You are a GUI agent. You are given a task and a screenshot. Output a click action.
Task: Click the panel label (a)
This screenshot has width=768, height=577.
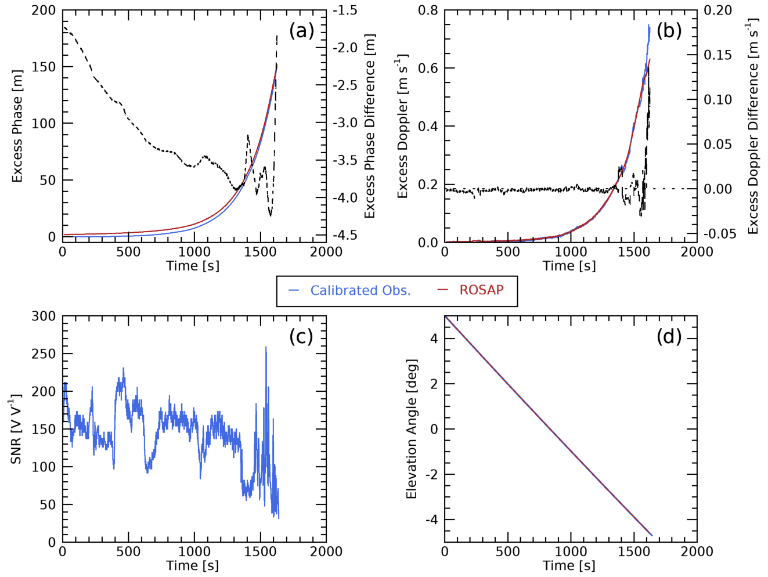point(301,30)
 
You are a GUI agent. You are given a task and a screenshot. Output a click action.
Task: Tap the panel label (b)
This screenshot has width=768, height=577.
point(669,30)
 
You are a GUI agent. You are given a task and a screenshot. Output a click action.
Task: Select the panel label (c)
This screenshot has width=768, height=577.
point(301,336)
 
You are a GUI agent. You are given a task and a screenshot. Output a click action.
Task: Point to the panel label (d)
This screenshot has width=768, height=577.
point(669,336)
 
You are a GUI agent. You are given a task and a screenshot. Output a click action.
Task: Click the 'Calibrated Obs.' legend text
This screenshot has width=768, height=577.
point(360,290)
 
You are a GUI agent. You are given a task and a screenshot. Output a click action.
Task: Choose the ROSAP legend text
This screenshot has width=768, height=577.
point(481,290)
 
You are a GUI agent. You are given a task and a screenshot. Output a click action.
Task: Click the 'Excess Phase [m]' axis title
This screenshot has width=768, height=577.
point(17,126)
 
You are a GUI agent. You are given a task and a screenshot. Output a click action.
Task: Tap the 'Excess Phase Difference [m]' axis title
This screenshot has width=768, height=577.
point(370,126)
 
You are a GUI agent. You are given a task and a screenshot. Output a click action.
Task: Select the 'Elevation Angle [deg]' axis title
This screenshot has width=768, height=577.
point(412,429)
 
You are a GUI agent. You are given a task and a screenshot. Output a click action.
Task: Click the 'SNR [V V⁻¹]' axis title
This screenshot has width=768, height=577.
point(16,429)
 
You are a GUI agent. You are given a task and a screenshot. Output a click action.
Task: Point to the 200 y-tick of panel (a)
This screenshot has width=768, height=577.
point(44,10)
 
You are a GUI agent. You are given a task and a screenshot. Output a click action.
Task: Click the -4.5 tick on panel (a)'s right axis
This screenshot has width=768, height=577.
point(345,235)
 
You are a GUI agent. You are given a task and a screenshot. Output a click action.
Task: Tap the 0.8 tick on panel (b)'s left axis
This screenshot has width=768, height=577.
point(428,10)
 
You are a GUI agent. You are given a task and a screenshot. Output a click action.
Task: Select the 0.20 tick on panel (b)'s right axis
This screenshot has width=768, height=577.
point(717,10)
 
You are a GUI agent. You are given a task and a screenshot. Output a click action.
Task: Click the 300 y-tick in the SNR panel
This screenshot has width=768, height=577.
point(44,316)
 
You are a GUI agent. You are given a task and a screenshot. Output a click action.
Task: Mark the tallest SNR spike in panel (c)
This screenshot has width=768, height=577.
point(266,348)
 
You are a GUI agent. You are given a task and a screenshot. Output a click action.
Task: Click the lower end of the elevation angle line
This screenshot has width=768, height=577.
point(652,535)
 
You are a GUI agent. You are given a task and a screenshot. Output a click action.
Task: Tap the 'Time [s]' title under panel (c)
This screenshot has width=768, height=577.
point(193,565)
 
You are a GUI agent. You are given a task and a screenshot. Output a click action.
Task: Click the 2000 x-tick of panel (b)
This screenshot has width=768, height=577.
point(697,251)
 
